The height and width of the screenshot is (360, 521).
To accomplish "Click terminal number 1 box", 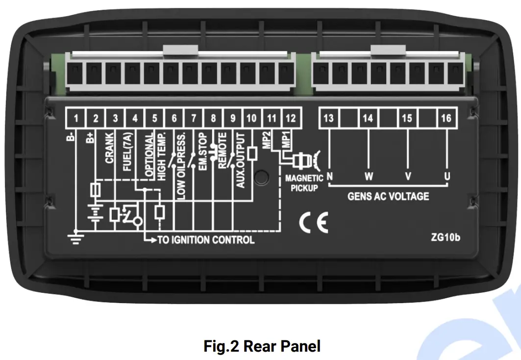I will (76, 119).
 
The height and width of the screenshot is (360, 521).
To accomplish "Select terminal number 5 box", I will (154, 119).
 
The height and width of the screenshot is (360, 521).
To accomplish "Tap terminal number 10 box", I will (251, 119).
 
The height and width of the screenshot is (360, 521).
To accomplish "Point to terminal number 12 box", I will (290, 119).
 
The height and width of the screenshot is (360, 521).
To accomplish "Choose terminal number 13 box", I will (328, 119).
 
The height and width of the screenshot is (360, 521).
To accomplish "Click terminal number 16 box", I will (446, 119).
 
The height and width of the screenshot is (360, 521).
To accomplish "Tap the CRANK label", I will (109, 148).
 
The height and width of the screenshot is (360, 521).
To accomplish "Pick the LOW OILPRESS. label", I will (181, 165).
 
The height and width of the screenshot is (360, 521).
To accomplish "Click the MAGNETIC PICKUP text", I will (304, 183).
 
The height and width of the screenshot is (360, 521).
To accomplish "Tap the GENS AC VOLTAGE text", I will (388, 197).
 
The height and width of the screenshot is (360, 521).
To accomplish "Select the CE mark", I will (313, 224).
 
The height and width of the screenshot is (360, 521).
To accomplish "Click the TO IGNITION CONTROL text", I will (205, 240).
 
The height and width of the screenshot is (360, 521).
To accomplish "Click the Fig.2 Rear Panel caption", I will (262, 346).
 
